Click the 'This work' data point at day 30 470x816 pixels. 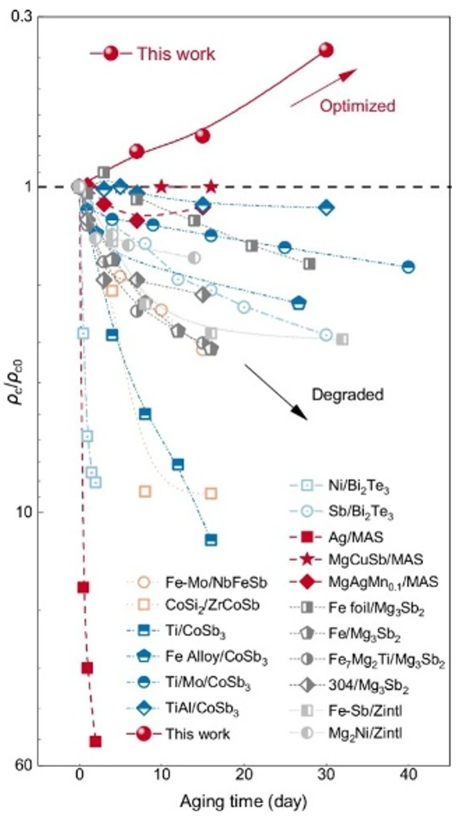326,50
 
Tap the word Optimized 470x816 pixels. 357,106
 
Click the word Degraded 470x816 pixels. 347,395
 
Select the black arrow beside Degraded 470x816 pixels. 275,392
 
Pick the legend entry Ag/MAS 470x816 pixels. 356,537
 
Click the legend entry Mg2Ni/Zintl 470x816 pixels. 365,734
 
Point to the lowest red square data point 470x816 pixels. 95,741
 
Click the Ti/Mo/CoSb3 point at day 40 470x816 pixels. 408,267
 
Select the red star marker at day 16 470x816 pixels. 211,187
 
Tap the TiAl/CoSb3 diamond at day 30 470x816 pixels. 326,207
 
